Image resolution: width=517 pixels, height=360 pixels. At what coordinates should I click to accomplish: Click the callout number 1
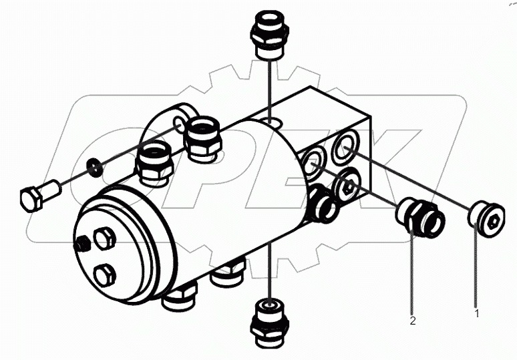point(476,312)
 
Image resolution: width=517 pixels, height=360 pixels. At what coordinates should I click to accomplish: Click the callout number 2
point(413,321)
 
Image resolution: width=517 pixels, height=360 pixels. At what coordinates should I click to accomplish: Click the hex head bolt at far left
point(36,196)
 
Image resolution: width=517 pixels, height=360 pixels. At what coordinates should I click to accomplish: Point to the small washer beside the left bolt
point(96,167)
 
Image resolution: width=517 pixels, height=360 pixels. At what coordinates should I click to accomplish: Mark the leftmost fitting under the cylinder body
point(179,295)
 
